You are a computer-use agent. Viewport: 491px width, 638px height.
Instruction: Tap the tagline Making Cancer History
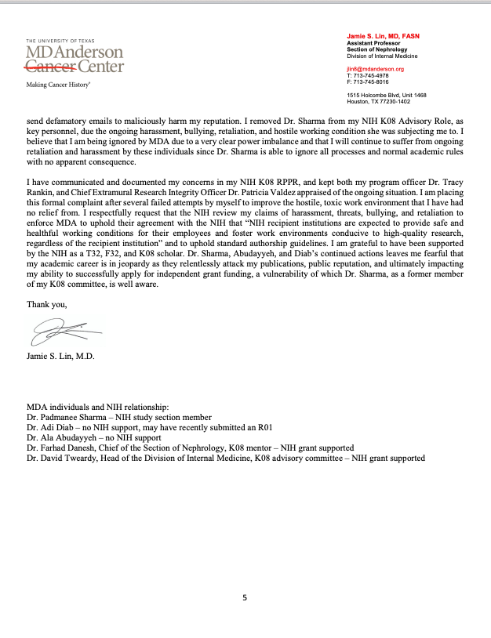[58, 84]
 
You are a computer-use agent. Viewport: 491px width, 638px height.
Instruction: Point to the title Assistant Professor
[373, 44]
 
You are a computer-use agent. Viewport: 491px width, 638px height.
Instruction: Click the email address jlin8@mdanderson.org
[376, 69]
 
